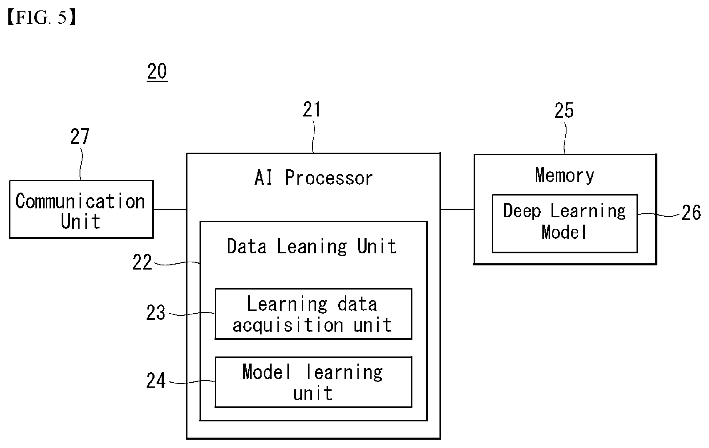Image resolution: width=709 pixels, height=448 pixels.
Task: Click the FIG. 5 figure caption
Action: pos(42,17)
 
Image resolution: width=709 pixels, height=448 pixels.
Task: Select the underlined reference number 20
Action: pos(157,72)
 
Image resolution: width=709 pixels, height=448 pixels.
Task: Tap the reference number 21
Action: pos(312,109)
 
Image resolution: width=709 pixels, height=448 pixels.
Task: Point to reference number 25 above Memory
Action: pos(564,110)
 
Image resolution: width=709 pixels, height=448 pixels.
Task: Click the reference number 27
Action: pos(80,136)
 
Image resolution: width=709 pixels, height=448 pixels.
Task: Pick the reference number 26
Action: pos(691,213)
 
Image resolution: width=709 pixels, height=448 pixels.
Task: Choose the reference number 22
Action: pos(142,262)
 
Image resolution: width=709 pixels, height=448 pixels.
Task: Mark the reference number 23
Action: pos(155,313)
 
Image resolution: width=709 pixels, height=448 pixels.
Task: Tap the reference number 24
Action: pos(156,380)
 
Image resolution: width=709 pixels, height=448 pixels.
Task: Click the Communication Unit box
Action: pos(81,209)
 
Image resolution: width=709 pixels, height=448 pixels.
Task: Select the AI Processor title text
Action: pos(314,178)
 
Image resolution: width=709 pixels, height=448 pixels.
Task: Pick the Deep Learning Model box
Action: pos(565,223)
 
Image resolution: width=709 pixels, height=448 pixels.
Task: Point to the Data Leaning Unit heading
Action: pos(312,247)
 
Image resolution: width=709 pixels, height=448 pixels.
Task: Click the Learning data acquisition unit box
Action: pos(313,314)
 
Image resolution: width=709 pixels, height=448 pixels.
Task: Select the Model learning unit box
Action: pos(313,382)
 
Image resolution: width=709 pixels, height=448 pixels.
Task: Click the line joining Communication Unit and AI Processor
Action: pos(170,209)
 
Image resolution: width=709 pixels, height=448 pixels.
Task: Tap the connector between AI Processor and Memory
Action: pos(457,209)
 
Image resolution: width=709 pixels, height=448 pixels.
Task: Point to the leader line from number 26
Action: pos(659,215)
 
